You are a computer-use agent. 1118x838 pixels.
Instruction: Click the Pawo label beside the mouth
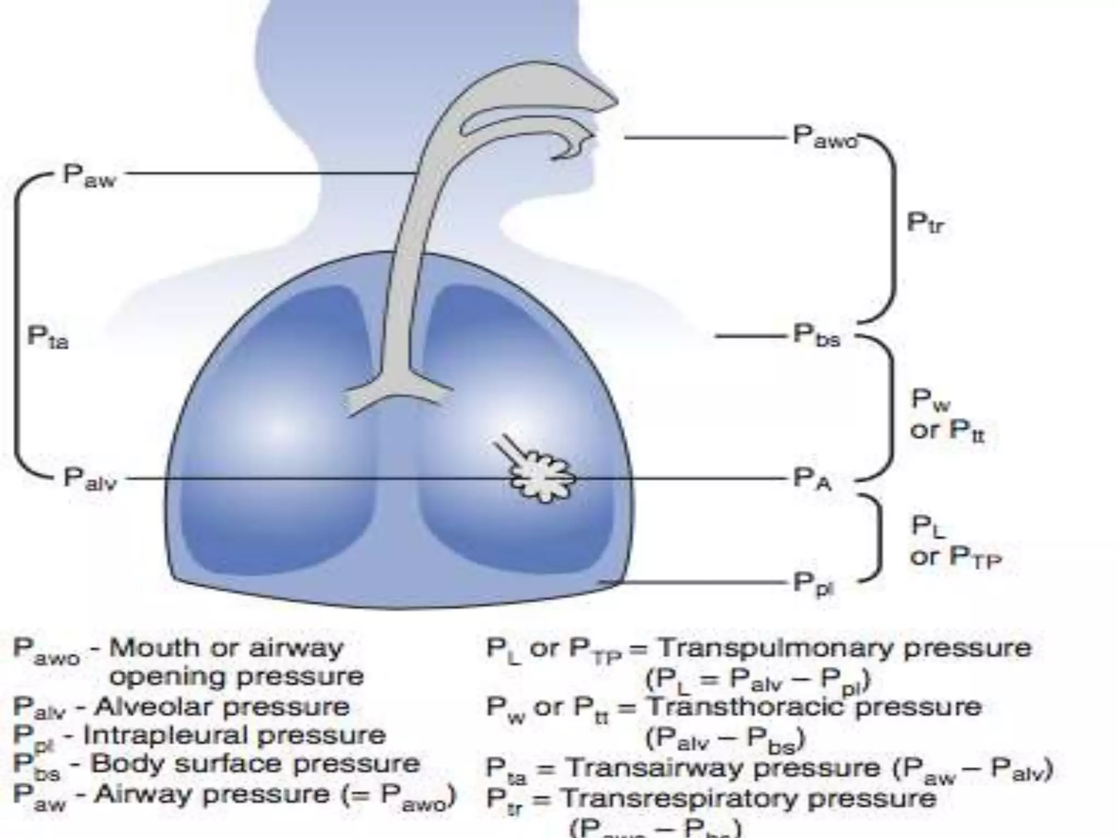[x=824, y=136]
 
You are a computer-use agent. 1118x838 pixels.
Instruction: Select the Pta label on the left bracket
[x=48, y=337]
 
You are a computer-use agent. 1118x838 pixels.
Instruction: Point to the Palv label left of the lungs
[x=90, y=479]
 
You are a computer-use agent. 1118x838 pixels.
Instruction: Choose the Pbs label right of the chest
[x=817, y=336]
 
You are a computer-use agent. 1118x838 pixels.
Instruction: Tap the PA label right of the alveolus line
[x=812, y=480]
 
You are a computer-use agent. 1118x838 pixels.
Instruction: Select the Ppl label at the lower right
[x=813, y=584]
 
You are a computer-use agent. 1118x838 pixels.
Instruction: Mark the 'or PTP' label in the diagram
[x=955, y=557]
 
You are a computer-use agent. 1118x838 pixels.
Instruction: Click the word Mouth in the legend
[x=146, y=648]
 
